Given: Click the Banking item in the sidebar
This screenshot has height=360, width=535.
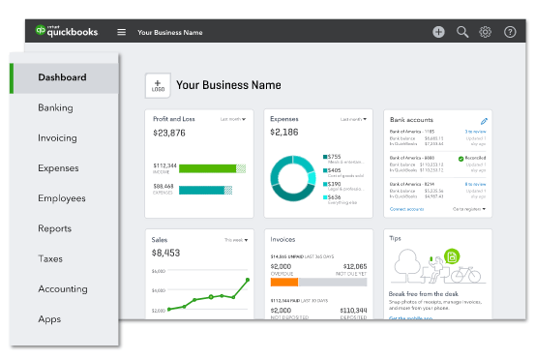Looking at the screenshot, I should coord(55,107).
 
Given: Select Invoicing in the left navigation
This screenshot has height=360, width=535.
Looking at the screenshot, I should coord(57,137).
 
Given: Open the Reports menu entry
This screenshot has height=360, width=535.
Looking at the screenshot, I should coord(54,228).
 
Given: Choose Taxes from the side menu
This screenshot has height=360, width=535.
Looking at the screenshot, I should coord(50,258).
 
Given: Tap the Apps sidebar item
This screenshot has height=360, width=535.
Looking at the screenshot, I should coord(49,318).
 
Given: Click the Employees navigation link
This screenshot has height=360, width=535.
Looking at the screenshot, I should coord(61,198).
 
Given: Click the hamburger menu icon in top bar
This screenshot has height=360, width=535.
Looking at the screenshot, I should coord(121,32).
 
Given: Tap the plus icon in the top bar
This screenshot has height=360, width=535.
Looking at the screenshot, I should coord(438,32).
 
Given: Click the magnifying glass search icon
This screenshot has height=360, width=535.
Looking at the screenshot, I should coord(462,32).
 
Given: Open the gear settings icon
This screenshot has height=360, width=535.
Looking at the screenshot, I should coord(486,32).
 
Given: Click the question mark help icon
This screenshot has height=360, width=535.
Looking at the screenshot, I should coord(510,32).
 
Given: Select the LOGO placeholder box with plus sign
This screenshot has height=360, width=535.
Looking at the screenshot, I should coord(158,85).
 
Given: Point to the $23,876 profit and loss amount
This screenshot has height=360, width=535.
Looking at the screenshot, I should coord(169,132).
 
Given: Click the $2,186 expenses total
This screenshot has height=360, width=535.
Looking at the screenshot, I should coord(284,132).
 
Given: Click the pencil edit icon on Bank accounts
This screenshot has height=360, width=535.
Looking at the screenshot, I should coord(484,120).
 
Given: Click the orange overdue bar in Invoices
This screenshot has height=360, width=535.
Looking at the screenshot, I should coord(283,285).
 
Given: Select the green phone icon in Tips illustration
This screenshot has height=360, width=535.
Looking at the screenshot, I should coord(451,256).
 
